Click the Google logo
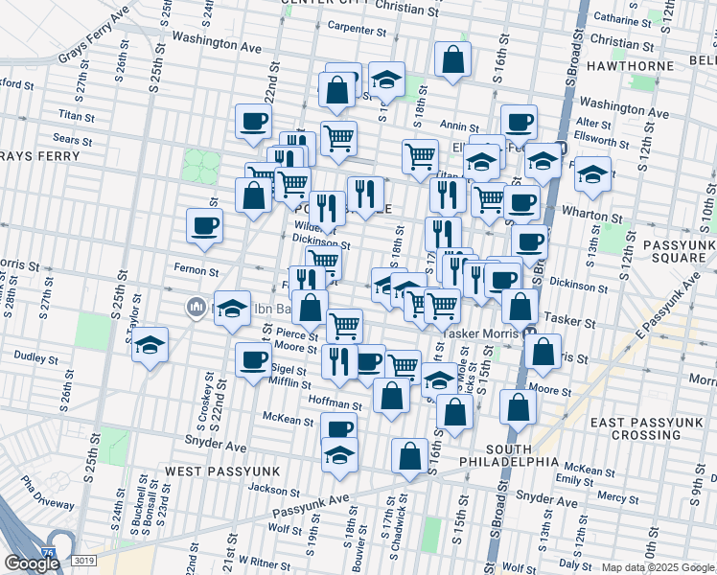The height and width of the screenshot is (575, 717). point(32,563)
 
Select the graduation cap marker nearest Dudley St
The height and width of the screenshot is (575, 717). point(150,346)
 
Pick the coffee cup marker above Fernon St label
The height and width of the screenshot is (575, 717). point(204,226)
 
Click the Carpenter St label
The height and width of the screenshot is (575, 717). point(355,30)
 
